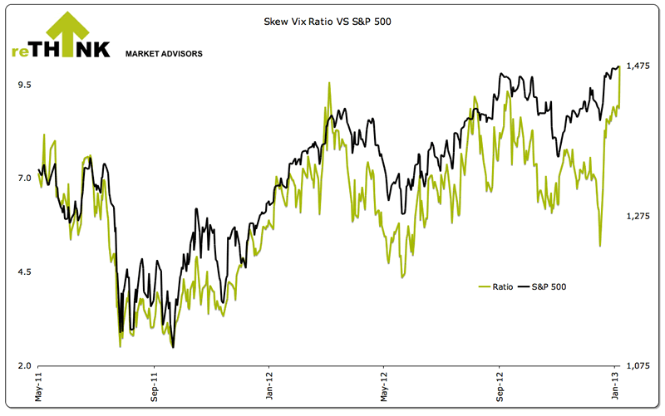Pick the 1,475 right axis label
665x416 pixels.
638,66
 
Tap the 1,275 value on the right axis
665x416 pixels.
638,216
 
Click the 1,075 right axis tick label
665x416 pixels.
638,365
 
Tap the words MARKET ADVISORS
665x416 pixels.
164,54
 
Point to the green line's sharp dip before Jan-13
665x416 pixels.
599,245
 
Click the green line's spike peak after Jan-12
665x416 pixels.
330,83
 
